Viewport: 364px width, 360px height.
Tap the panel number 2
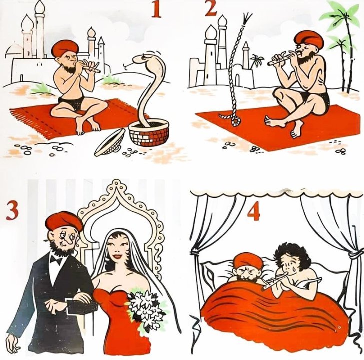pos(211,9)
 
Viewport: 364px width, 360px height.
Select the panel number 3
pos(12,211)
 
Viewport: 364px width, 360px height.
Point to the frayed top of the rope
pos(246,19)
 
